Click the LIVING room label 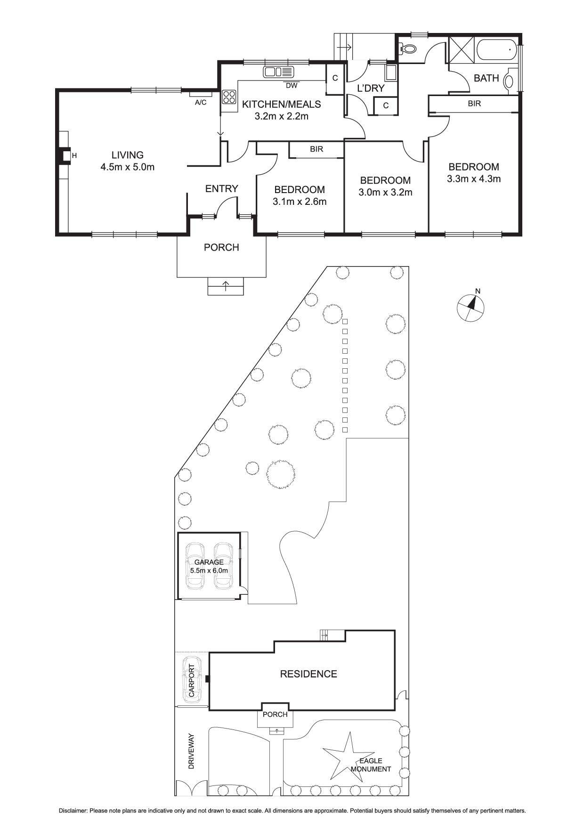tap(127, 155)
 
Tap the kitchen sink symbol tap(278, 72)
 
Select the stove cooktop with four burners tap(229, 97)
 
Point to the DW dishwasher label tap(292, 86)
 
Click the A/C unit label tap(201, 102)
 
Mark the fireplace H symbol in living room tap(74, 156)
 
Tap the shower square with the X tap(462, 49)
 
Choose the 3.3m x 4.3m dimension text tap(473, 179)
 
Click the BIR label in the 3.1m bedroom tap(316, 149)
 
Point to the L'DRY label tap(371, 88)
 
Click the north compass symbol tap(470, 307)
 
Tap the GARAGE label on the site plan tap(209, 562)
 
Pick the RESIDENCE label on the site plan tap(308, 674)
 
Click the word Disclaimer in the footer tap(73, 811)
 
